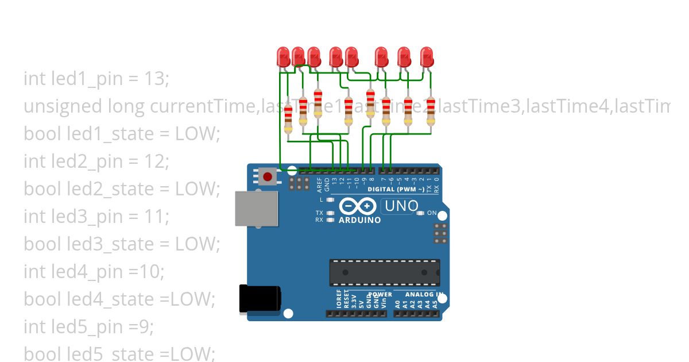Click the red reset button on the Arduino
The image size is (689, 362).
point(268,175)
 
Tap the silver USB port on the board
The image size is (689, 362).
point(257,208)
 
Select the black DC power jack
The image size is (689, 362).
point(260,300)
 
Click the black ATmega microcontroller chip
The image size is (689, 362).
point(385,272)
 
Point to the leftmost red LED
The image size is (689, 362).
point(283,57)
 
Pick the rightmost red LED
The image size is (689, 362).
point(427,57)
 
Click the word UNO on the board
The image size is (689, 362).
point(401,206)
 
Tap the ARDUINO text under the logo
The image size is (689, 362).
point(359,220)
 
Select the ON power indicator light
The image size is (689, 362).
point(421,213)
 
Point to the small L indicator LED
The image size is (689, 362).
point(330,200)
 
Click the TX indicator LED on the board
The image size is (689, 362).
point(330,213)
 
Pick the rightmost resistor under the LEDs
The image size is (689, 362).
point(431,110)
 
